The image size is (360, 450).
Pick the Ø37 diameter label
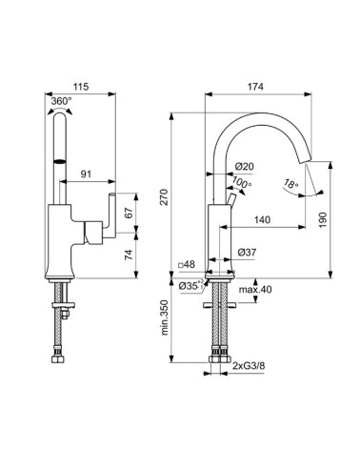pyautogui.click(x=243, y=252)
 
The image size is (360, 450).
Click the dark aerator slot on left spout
pyautogui.click(x=62, y=162)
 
